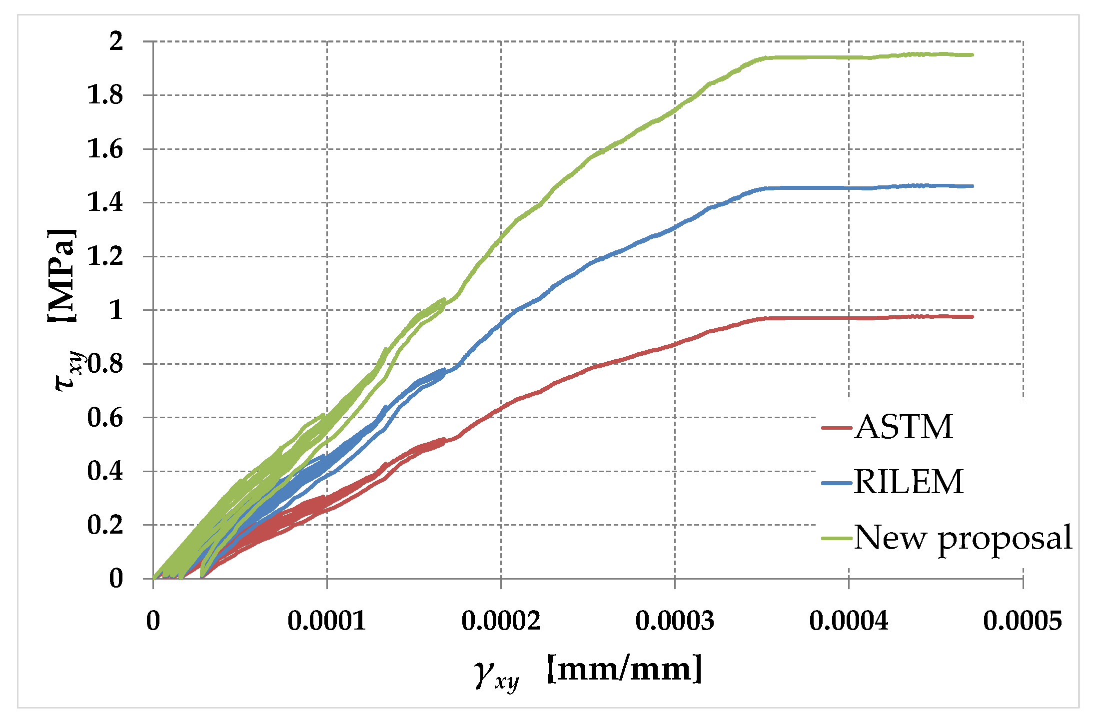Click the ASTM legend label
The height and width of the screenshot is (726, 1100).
[904, 427]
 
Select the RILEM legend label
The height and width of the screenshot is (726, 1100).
[908, 482]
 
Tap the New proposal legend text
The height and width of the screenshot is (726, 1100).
[963, 538]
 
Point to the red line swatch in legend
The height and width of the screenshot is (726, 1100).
[836, 428]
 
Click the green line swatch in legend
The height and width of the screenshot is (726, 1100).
[836, 538]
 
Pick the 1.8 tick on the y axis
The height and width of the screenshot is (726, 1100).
[105, 95]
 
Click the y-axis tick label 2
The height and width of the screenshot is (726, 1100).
[116, 41]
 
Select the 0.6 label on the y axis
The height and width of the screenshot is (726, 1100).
[105, 417]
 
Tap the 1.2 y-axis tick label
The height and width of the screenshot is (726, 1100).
[105, 256]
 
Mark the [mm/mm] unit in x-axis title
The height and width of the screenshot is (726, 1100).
[625, 669]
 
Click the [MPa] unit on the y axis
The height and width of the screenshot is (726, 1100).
[62, 276]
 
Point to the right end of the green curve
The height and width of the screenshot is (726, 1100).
[972, 55]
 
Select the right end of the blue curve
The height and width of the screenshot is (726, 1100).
[972, 186]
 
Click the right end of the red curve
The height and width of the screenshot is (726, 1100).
[972, 317]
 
